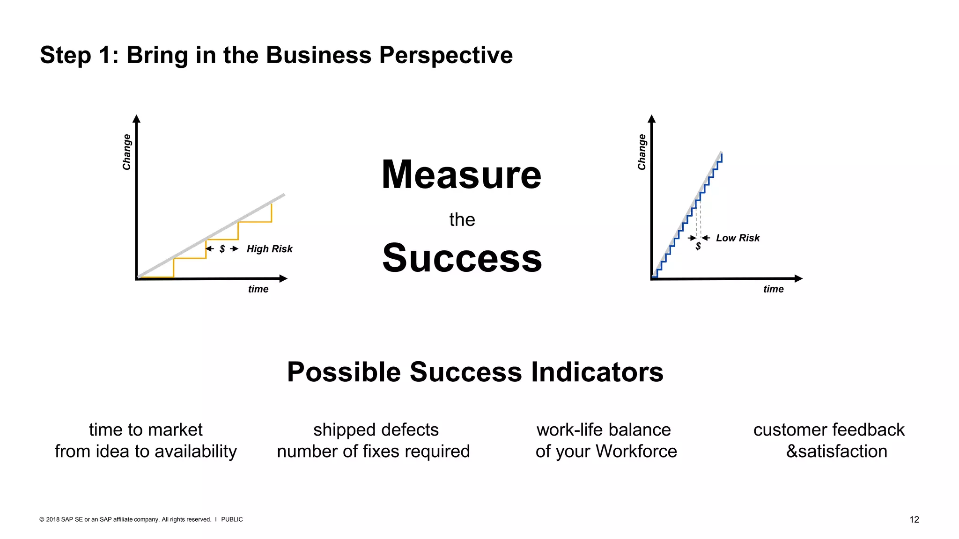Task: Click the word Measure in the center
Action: pos(461,175)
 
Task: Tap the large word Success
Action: pos(462,258)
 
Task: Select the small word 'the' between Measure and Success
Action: pos(462,219)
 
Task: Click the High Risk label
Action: pos(269,249)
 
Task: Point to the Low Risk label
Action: pos(738,238)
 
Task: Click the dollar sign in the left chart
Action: pos(222,249)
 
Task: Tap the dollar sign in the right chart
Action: pos(698,246)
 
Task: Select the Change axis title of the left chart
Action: pos(126,152)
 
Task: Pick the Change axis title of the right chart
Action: pos(642,152)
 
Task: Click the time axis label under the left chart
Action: pos(258,289)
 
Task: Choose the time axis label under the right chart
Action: pos(773,289)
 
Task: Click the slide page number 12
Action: pos(914,519)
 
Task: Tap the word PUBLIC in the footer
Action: pos(232,519)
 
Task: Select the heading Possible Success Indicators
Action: pos(475,372)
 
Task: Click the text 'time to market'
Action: pos(146,430)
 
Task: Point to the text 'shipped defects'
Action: pos(376,430)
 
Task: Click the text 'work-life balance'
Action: pos(604,430)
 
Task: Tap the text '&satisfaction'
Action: pos(836,452)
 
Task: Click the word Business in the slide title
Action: pos(319,55)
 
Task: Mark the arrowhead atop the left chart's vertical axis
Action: pos(136,118)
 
